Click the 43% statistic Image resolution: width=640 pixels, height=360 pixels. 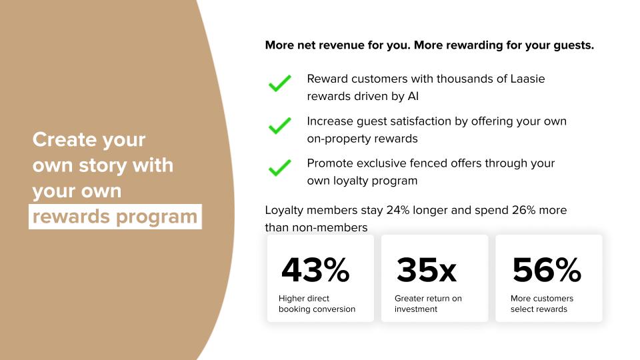315,270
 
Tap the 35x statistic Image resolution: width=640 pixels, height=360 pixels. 426,270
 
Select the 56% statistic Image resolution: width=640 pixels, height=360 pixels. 547,270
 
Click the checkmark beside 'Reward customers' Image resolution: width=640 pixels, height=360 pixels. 280,83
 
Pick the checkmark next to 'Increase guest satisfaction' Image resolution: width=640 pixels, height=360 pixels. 280,126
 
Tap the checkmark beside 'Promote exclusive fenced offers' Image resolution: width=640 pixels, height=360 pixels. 280,168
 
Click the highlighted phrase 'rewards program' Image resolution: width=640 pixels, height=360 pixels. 115,217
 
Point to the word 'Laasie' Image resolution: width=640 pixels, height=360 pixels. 528,79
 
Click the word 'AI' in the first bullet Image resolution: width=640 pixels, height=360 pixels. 413,96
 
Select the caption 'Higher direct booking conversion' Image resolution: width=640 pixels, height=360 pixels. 317,304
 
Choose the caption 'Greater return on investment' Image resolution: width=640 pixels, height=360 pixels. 428,304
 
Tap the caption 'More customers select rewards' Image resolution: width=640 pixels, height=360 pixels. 542,304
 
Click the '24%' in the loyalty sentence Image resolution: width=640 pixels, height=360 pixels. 398,210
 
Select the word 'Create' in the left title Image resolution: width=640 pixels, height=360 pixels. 65,139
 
